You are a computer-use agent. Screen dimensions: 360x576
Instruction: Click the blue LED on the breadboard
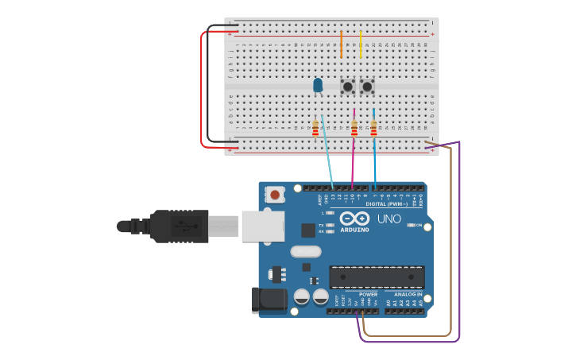pyautogui.click(x=318, y=84)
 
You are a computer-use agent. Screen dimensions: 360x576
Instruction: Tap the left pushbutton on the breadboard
pyautogui.click(x=347, y=86)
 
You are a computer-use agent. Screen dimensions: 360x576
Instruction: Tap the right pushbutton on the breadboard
pyautogui.click(x=367, y=86)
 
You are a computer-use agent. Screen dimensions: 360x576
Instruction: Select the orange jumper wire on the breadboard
pyautogui.click(x=341, y=45)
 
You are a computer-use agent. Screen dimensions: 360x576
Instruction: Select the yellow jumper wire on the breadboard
pyautogui.click(x=361, y=45)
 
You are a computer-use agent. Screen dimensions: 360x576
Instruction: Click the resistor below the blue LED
pyautogui.click(x=315, y=128)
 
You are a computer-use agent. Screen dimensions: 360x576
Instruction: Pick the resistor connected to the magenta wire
pyautogui.click(x=354, y=127)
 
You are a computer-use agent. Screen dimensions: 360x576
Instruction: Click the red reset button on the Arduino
pyautogui.click(x=275, y=194)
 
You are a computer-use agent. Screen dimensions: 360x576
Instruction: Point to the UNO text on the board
pyautogui.click(x=389, y=219)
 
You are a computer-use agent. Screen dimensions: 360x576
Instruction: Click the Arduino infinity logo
pyautogui.click(x=354, y=218)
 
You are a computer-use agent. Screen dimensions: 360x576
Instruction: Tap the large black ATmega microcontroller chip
pyautogui.click(x=377, y=277)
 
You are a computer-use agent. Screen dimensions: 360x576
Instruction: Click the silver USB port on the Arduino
pyautogui.click(x=262, y=226)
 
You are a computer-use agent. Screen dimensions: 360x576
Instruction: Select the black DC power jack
pyautogui.click(x=269, y=300)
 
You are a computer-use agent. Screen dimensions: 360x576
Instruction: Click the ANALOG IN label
pyautogui.click(x=408, y=294)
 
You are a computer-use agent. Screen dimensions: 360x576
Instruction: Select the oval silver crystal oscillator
pyautogui.click(x=306, y=252)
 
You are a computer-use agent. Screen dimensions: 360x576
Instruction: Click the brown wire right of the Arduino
pyautogui.click(x=451, y=238)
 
